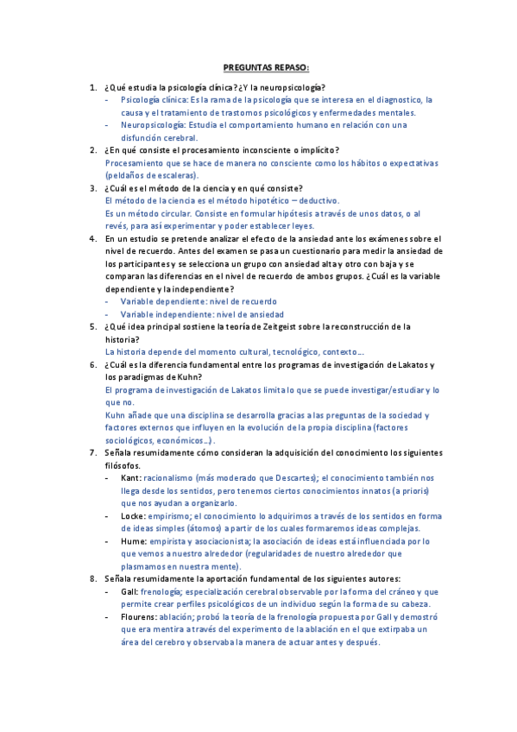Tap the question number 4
(93, 237)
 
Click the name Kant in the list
(130, 477)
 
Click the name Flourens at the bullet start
(139, 617)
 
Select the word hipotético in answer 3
(255, 200)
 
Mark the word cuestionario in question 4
(305, 250)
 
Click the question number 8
(93, 578)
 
